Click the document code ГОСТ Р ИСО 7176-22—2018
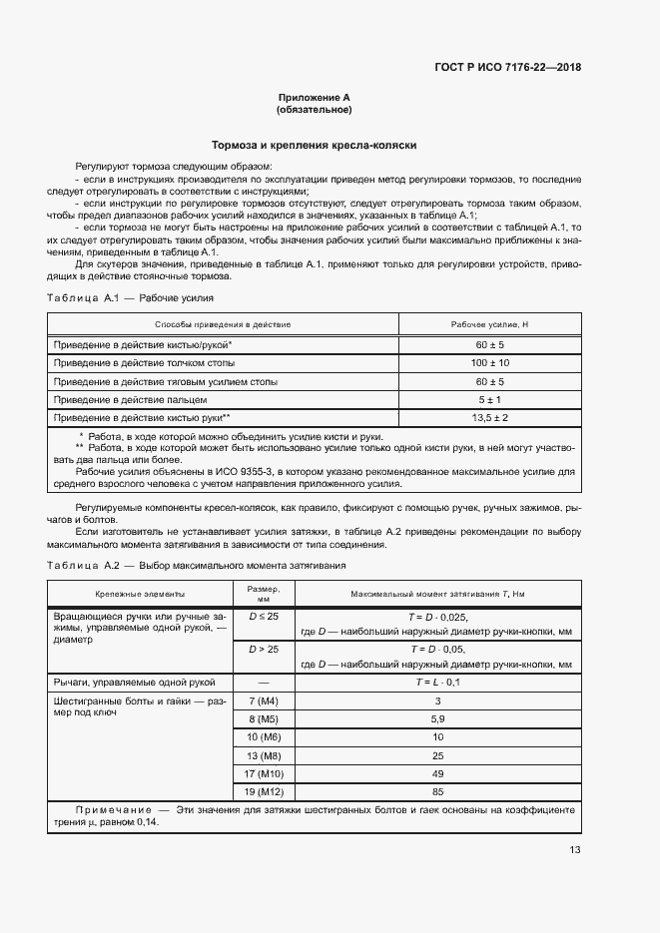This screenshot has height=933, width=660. (x=507, y=68)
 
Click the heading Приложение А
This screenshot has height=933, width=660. (x=314, y=98)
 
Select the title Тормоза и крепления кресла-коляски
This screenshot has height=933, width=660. (x=314, y=146)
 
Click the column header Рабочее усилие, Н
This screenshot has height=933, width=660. (x=489, y=325)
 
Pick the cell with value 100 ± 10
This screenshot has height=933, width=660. (x=489, y=362)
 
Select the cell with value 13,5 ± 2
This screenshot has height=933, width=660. (x=489, y=417)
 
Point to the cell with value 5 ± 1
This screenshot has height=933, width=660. (x=489, y=399)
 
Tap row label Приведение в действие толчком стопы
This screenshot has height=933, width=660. (x=140, y=362)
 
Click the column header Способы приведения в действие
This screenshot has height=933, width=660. (x=223, y=325)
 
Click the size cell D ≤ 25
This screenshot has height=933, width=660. (x=264, y=618)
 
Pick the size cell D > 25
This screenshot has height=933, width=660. (x=264, y=650)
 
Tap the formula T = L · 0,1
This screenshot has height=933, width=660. (x=436, y=682)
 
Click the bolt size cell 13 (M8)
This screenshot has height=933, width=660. (x=264, y=755)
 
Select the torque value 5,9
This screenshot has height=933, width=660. (x=436, y=718)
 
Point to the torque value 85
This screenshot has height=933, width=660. (x=436, y=792)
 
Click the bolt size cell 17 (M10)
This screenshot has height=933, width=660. (x=264, y=774)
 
